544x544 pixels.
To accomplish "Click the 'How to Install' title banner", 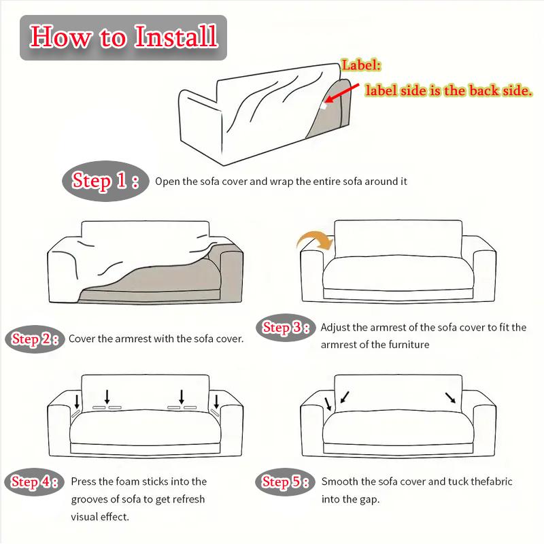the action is click(x=123, y=37).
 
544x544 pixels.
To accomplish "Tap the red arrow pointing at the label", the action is click(x=342, y=93).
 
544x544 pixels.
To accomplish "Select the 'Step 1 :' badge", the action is click(x=105, y=181).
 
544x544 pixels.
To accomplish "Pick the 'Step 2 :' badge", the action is click(x=35, y=339).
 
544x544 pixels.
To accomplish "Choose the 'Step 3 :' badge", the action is click(x=286, y=328).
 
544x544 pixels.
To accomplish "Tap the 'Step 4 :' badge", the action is click(x=35, y=482).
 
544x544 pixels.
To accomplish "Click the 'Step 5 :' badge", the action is click(x=285, y=482).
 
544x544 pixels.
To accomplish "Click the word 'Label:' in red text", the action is click(x=361, y=65).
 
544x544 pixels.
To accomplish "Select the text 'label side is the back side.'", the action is click(x=449, y=90).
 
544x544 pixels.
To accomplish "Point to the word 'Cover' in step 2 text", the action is click(x=82, y=339).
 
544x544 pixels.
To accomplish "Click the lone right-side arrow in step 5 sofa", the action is click(x=450, y=398).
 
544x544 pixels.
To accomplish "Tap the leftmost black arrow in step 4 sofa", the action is click(x=77, y=401).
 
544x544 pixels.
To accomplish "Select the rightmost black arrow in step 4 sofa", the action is click(x=216, y=401).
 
